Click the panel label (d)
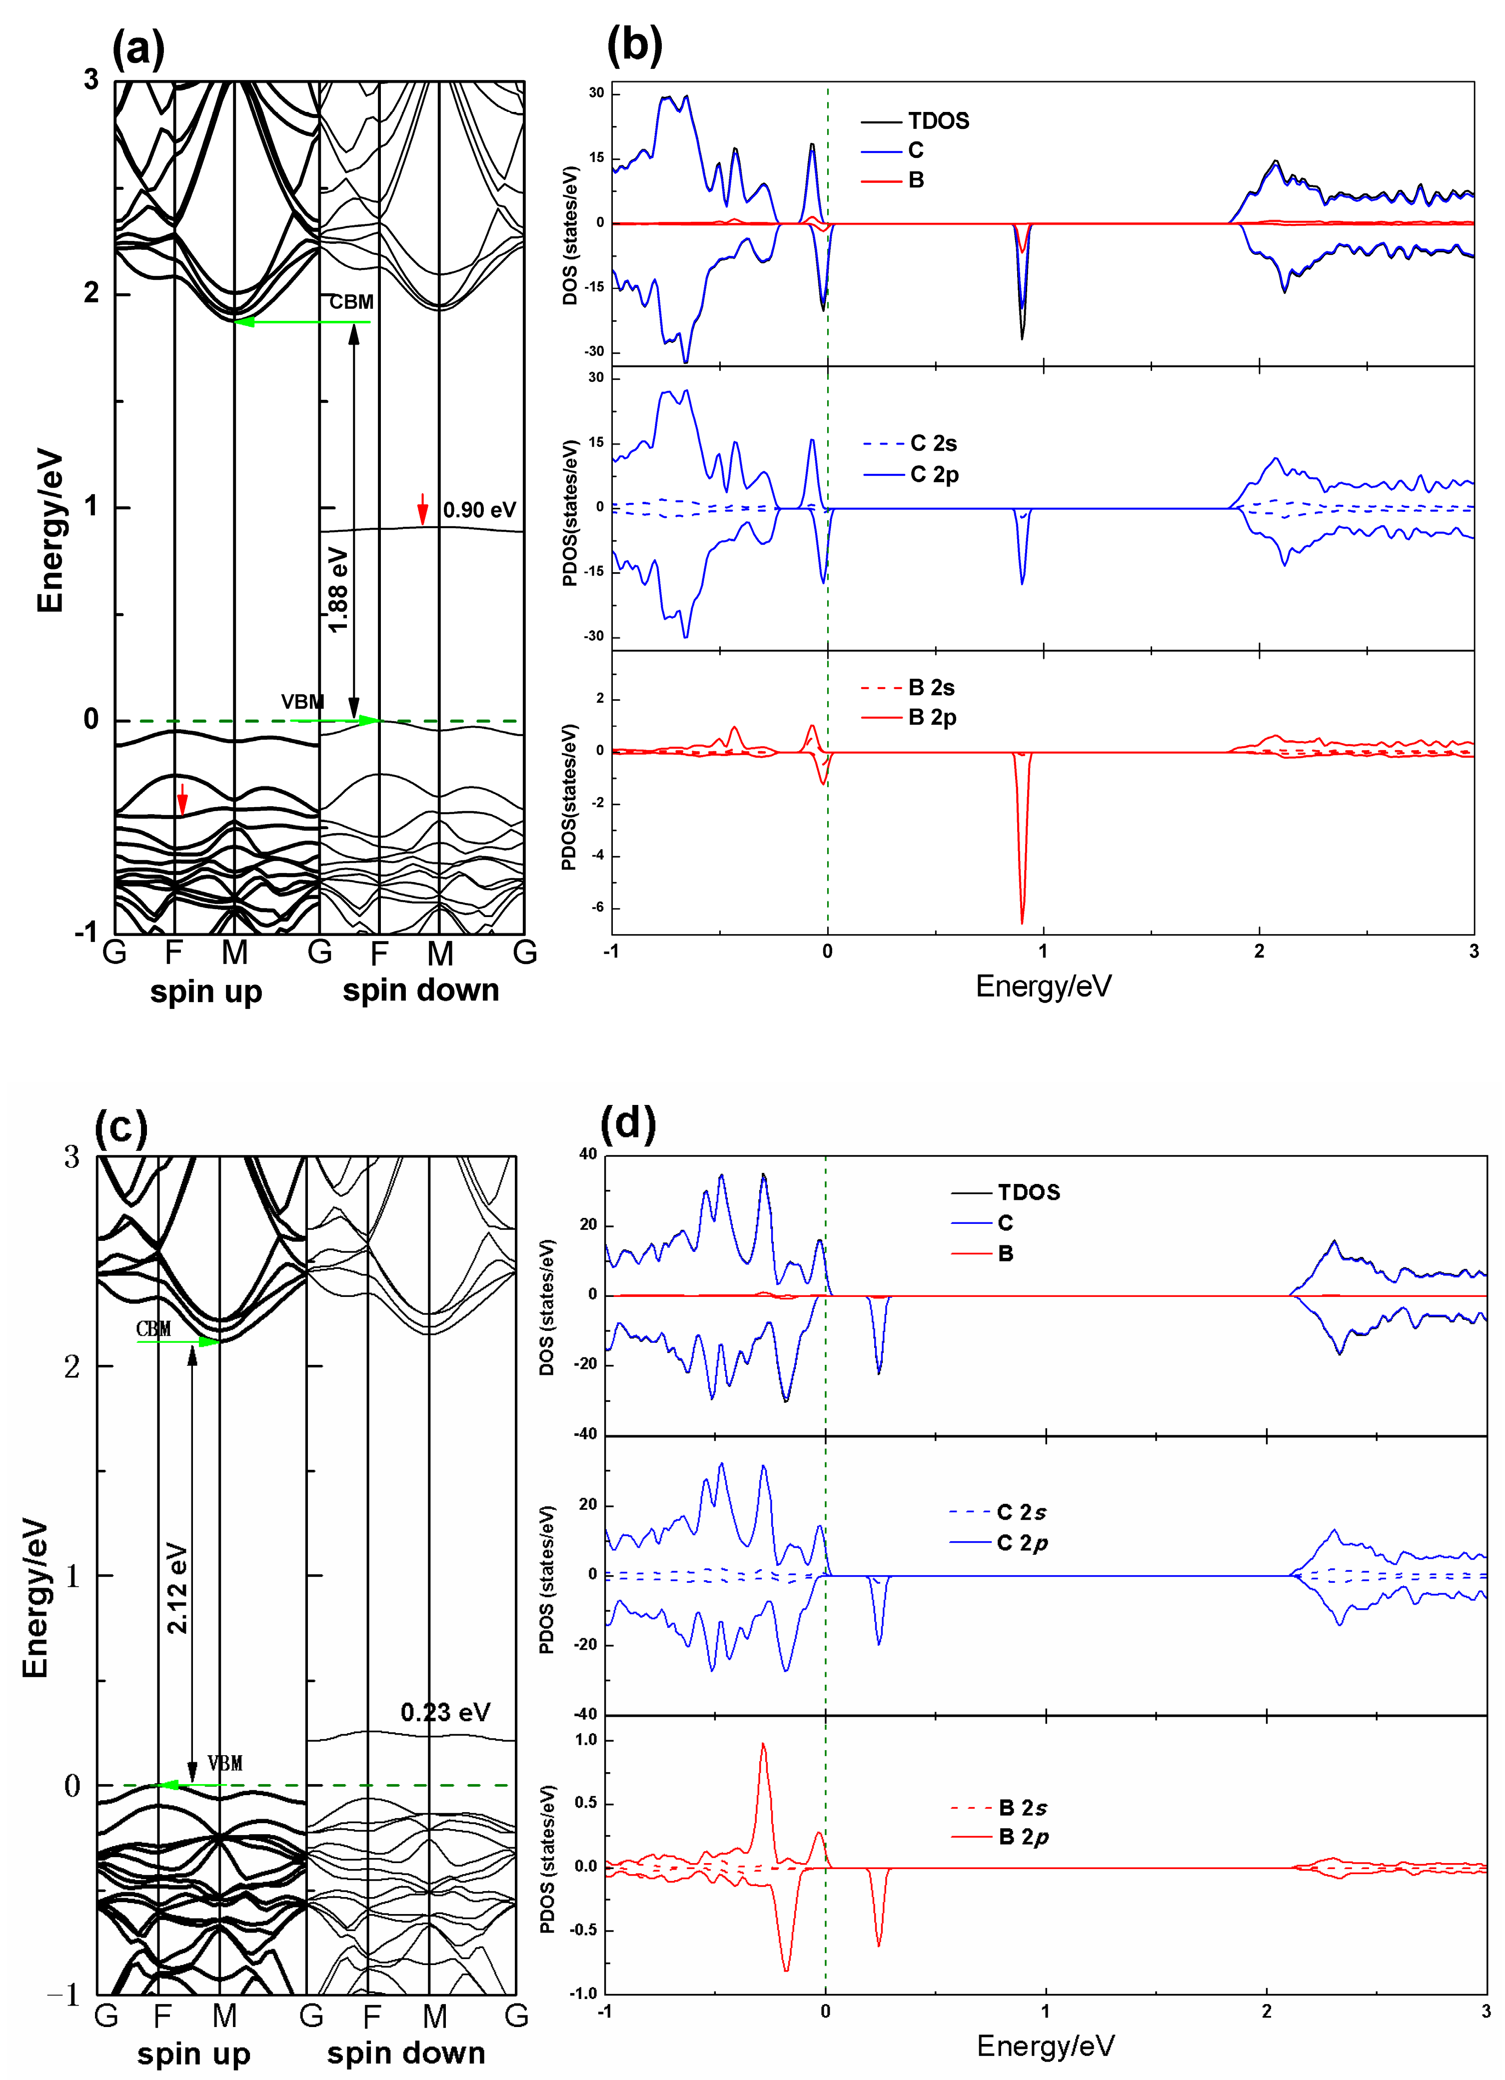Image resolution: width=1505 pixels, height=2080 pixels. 628,1122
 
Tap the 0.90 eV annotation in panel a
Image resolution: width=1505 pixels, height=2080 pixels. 479,510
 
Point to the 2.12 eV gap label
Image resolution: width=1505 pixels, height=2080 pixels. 177,1588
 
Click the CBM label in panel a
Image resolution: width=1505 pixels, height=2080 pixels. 351,302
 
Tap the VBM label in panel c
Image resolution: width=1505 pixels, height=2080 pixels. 225,1763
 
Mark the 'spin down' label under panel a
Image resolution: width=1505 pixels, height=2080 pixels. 421,991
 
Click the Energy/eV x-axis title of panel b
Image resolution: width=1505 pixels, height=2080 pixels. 1044,987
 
